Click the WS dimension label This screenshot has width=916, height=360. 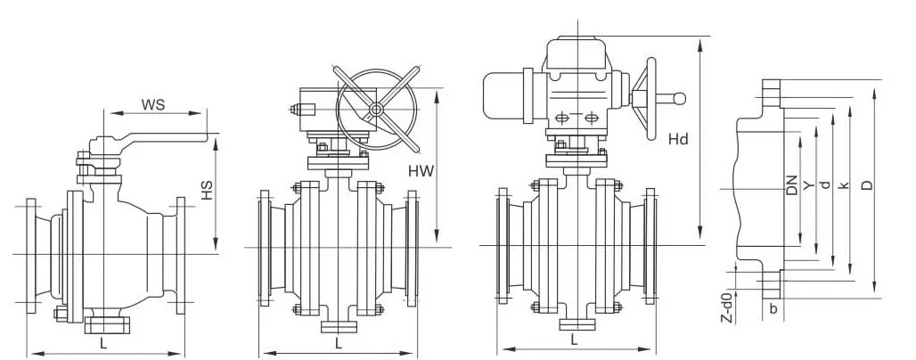coord(153,105)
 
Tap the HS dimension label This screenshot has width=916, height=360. coord(208,191)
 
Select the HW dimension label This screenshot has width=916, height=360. coord(421,171)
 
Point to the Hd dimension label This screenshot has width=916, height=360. coord(678,139)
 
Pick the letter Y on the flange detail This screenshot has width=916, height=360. coord(808,185)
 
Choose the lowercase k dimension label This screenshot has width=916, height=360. coord(842,185)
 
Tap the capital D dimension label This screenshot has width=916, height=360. coord(868,185)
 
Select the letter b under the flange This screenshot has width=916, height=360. coord(773,309)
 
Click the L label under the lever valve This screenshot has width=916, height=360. coord(103,340)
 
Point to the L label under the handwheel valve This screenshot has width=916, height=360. coord(339,342)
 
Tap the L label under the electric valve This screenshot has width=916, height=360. coord(574,339)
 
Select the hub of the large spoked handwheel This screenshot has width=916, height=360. coord(376,109)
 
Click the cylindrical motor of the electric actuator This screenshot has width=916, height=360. coord(506,96)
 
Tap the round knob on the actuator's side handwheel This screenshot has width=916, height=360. coord(679,99)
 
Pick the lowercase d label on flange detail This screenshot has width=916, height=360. coord(825,184)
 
